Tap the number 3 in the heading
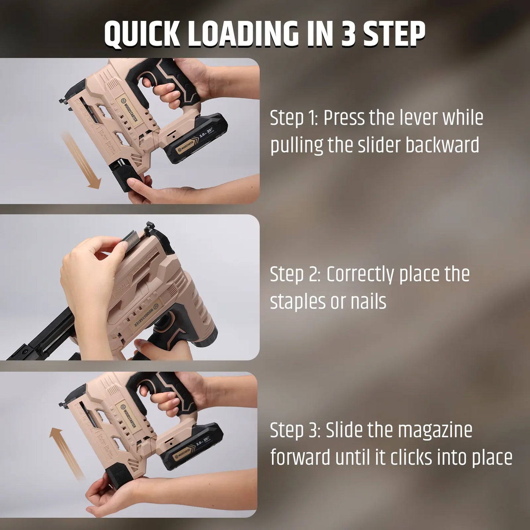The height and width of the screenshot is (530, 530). point(348,34)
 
